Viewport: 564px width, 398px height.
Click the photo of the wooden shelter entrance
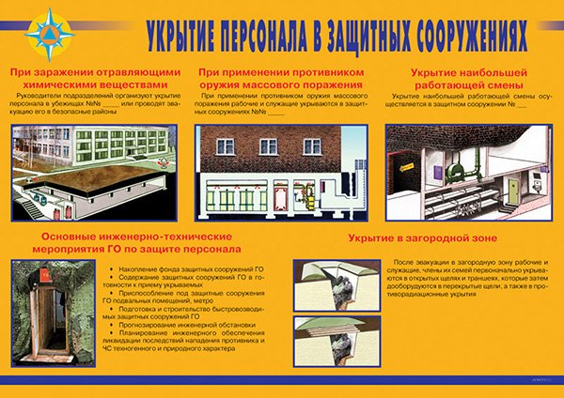pos(54,311)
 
